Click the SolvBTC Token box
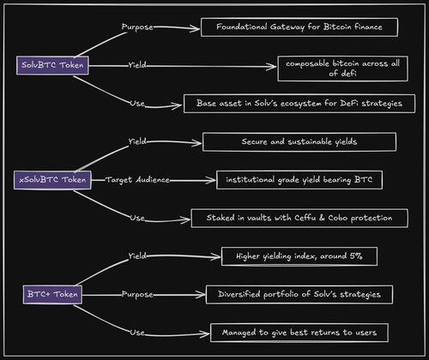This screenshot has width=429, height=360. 52,65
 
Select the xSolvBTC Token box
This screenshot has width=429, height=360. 52,180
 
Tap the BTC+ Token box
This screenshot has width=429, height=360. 52,295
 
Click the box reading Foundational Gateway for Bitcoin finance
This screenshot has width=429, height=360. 299,27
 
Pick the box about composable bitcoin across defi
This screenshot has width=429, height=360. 342,69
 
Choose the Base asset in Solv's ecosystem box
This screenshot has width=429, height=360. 299,104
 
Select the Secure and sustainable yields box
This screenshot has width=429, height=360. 299,141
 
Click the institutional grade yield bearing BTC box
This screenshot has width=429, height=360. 299,180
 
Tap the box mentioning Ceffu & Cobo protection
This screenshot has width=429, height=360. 299,218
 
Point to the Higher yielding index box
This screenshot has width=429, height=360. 299,256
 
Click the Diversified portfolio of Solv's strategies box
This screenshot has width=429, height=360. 299,295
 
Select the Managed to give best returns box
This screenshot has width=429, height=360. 299,333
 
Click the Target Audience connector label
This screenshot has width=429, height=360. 137,180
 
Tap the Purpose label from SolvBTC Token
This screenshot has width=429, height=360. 137,27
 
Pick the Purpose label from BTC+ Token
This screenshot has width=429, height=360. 137,295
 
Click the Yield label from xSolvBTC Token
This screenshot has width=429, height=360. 137,141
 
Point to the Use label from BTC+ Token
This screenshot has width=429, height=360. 137,333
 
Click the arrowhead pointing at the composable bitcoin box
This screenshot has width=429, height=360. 271,67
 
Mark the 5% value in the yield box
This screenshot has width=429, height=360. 356,256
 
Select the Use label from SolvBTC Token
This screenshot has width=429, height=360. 137,104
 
